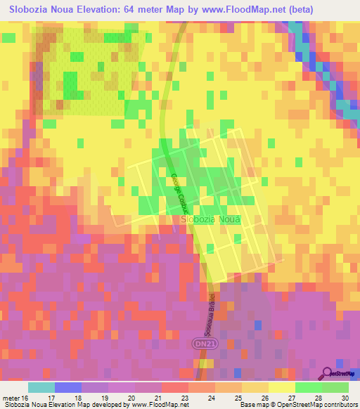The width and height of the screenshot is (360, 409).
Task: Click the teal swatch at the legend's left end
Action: [x=41, y=387]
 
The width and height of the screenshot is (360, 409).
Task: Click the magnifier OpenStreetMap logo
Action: [x=328, y=374]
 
